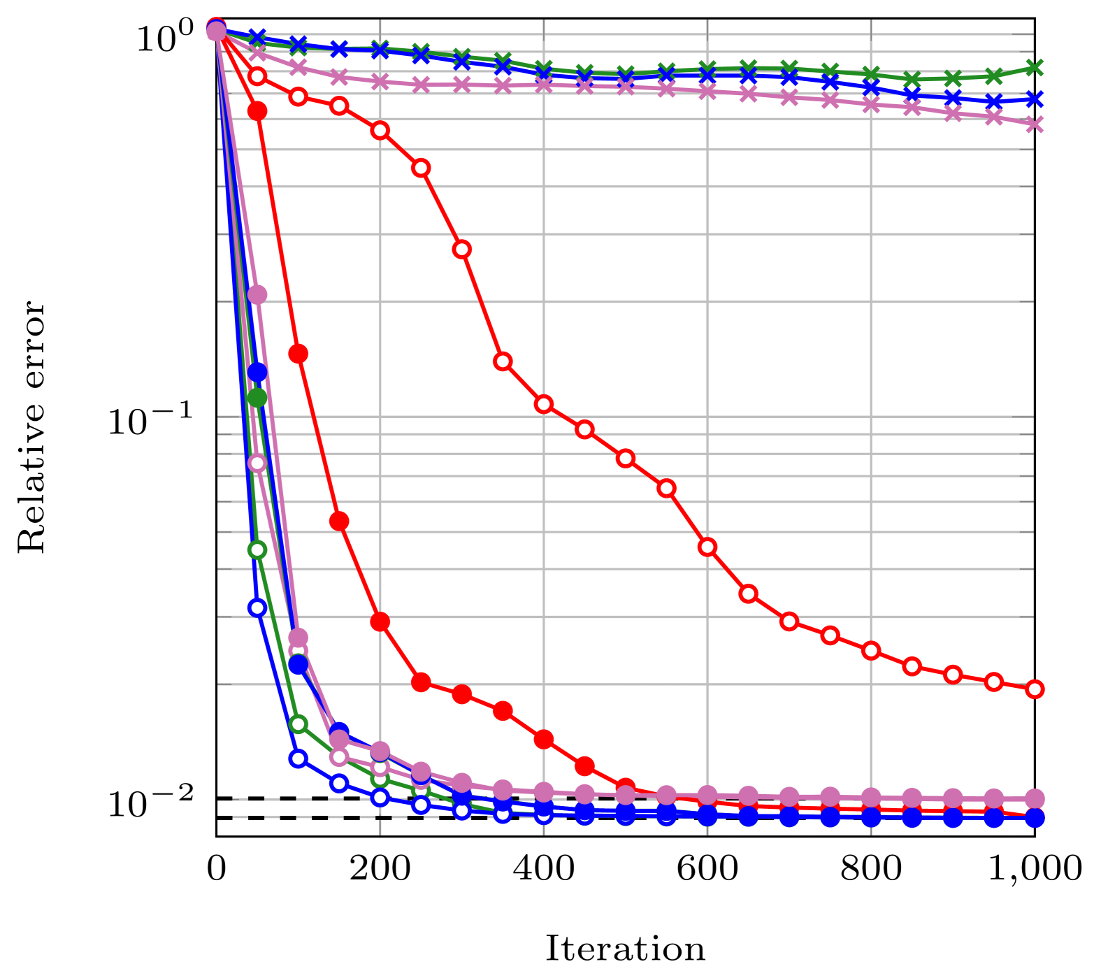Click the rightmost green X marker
(x=1035, y=68)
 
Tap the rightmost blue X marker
(x=1035, y=99)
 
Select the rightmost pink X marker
(x=1035, y=124)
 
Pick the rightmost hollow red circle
(x=1035, y=689)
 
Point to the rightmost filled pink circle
(x=1035, y=798)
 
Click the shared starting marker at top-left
(x=217, y=29)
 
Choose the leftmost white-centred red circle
(x=257, y=75)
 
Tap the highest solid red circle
(x=257, y=110)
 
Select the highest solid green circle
(x=257, y=397)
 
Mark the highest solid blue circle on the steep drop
(x=257, y=372)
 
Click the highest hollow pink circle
(x=257, y=463)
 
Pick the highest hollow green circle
(x=257, y=549)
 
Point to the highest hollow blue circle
(x=257, y=607)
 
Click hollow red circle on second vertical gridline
(x=544, y=404)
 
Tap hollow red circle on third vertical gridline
(x=707, y=547)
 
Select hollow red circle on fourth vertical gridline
(x=871, y=650)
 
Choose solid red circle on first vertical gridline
(x=380, y=621)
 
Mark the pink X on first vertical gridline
(x=380, y=81)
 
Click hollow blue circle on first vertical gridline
(x=380, y=798)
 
